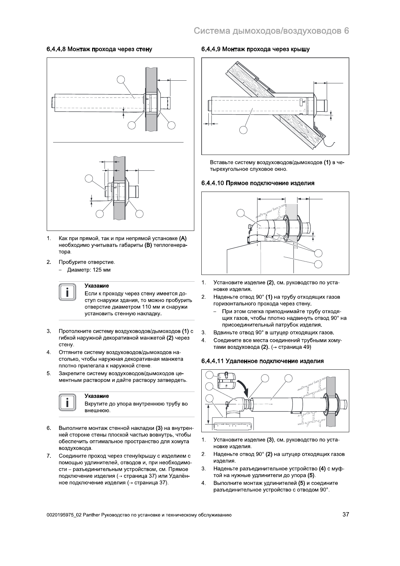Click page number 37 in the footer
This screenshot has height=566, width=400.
(345, 514)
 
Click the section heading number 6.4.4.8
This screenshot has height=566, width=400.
(56, 49)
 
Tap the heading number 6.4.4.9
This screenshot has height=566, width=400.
(211, 49)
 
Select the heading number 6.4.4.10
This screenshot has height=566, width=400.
(212, 183)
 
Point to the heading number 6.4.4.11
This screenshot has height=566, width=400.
(212, 361)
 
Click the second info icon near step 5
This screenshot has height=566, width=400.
(67, 402)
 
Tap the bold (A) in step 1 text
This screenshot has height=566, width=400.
(183, 239)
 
